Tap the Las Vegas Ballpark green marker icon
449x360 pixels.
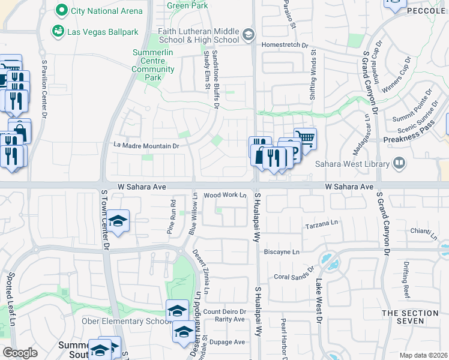[x=58, y=30]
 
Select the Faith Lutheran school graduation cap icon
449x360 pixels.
[x=248, y=35]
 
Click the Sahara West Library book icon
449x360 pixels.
[x=398, y=163]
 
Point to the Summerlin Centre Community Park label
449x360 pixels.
[x=153, y=65]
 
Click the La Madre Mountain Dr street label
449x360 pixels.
[x=146, y=146]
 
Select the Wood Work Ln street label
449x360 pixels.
[x=225, y=195]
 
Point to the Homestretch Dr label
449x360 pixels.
[x=284, y=44]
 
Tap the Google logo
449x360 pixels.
[x=20, y=353]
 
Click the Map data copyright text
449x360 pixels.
[x=423, y=355]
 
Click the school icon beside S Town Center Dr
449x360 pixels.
[x=119, y=221]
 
